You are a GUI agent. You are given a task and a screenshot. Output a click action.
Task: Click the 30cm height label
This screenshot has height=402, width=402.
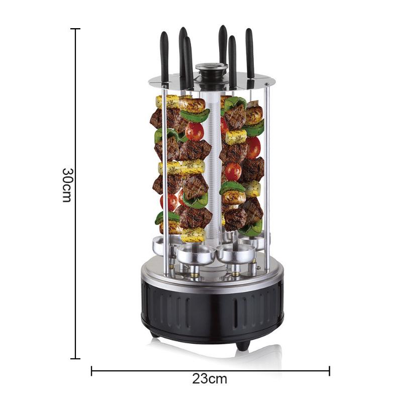(x=68, y=185)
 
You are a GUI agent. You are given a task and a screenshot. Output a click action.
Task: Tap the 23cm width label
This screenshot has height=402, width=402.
(x=210, y=379)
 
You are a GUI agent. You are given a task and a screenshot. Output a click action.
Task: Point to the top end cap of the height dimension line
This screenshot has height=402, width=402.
(x=75, y=29)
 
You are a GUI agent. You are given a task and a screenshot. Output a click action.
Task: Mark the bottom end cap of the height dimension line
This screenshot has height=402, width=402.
(x=75, y=359)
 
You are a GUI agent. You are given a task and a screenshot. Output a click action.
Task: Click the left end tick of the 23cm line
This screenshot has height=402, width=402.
(x=91, y=371)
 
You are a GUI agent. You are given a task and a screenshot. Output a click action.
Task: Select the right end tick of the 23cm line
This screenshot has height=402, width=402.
(x=330, y=371)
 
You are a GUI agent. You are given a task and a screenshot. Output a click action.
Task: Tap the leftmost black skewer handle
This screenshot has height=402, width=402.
(x=164, y=57)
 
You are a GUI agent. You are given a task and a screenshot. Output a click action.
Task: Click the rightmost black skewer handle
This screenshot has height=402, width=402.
(x=250, y=53)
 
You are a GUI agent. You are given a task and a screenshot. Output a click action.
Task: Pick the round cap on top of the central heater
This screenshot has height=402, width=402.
(x=212, y=67)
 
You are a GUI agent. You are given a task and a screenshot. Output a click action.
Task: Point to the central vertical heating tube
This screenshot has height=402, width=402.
(x=212, y=167)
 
